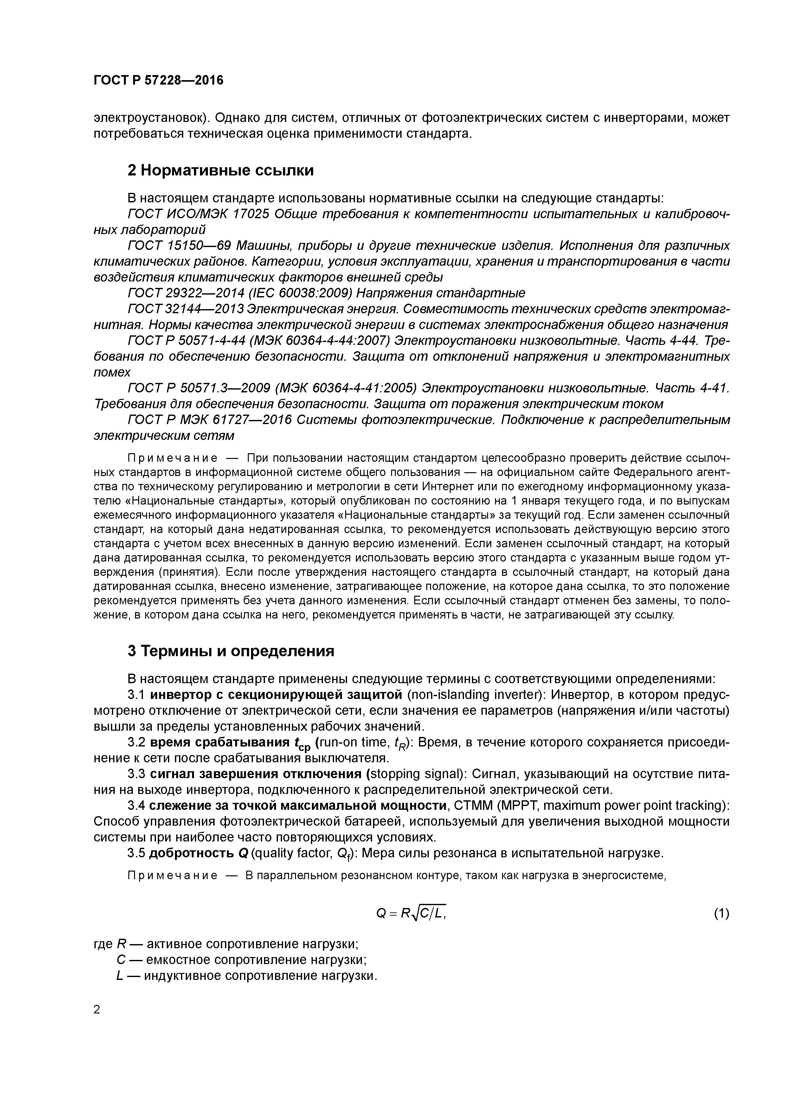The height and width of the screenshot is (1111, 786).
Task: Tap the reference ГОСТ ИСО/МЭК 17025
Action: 198,214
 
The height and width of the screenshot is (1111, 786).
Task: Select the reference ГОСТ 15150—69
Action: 179,246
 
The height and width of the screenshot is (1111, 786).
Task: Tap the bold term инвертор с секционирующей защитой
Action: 275,695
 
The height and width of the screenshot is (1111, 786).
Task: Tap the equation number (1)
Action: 721,913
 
